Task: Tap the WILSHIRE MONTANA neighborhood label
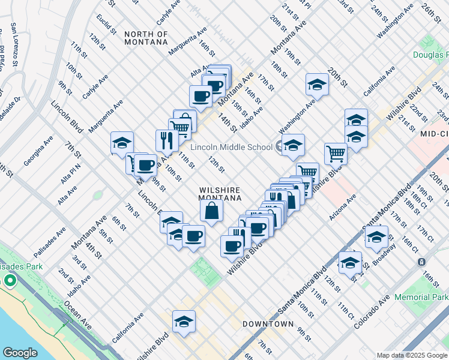[x=220, y=193]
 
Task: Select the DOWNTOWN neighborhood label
[x=268, y=324]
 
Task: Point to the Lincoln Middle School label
[x=231, y=147]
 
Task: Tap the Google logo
[x=20, y=353]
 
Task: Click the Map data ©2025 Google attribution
[x=411, y=355]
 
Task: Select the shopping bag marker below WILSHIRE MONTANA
[x=212, y=211]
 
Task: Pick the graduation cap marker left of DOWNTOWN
[x=184, y=322]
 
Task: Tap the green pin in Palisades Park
[x=10, y=280]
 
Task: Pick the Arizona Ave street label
[x=343, y=206]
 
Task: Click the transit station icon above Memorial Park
[x=422, y=262]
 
